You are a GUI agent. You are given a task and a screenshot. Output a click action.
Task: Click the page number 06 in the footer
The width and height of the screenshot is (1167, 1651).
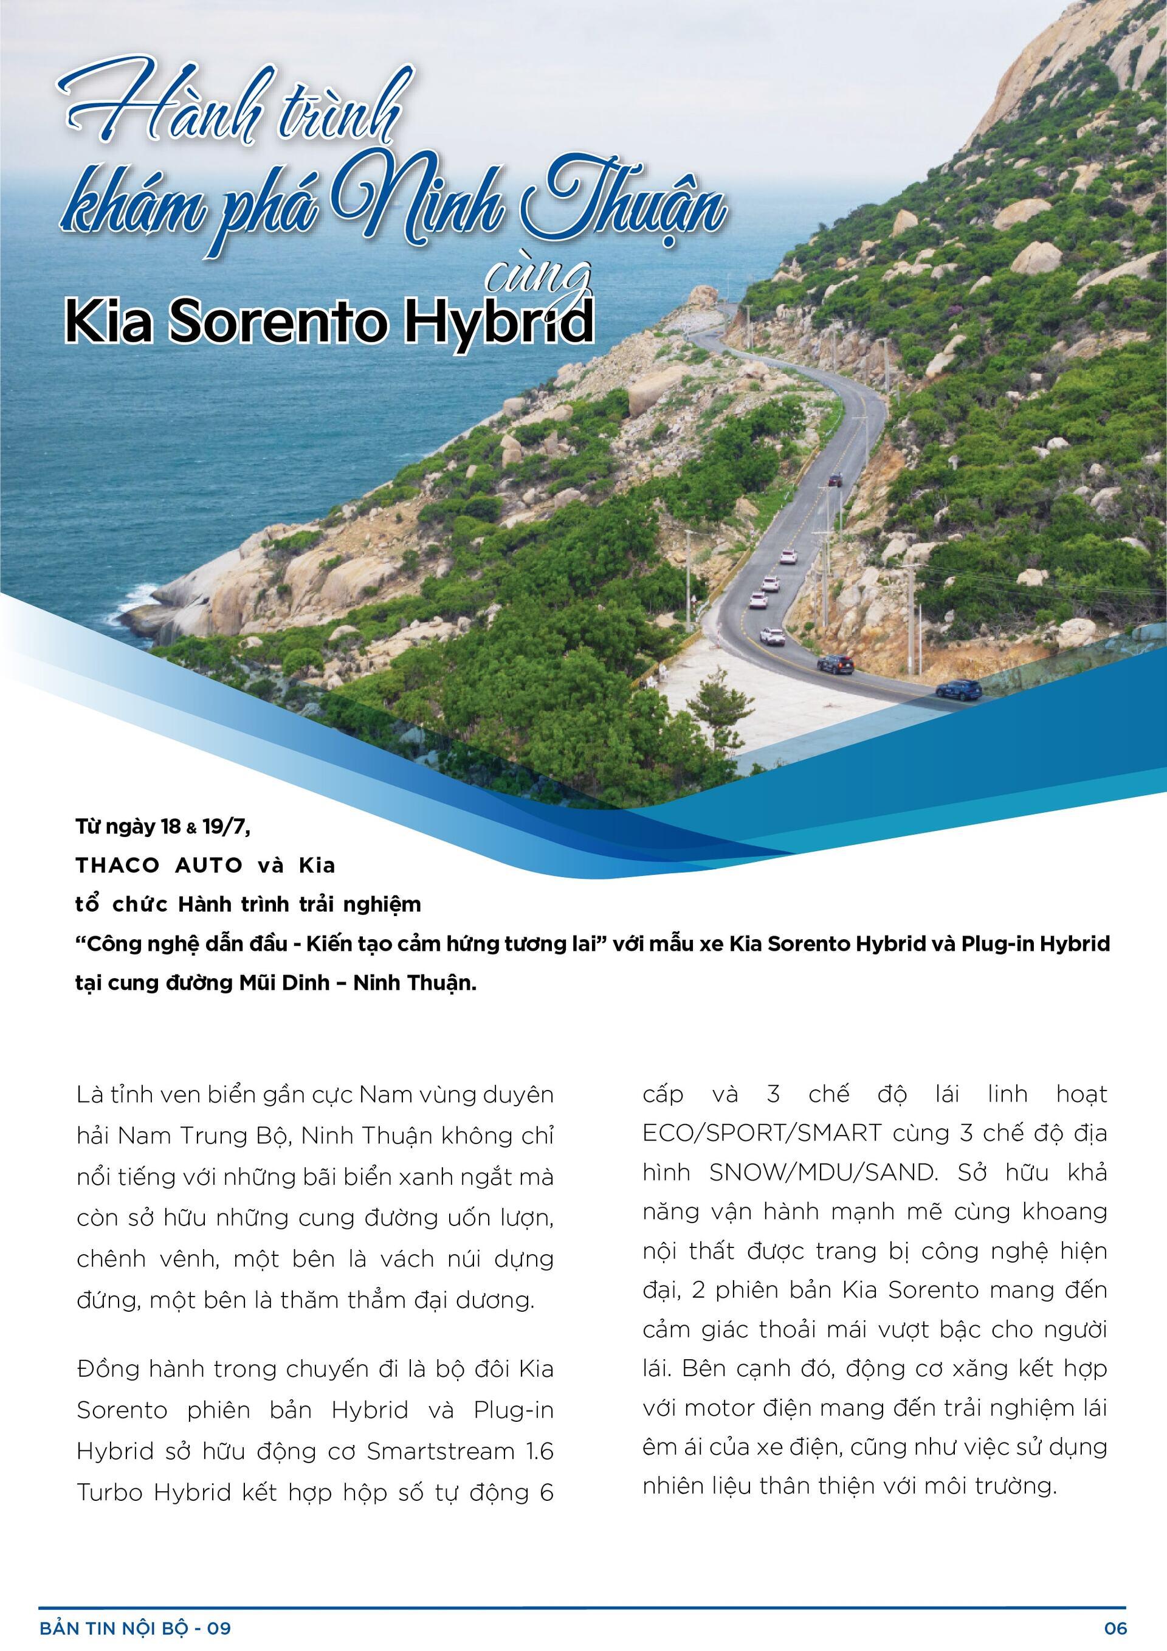pyautogui.click(x=1116, y=1628)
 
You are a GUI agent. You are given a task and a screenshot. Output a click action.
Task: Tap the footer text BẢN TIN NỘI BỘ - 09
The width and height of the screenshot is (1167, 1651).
pyautogui.click(x=135, y=1628)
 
